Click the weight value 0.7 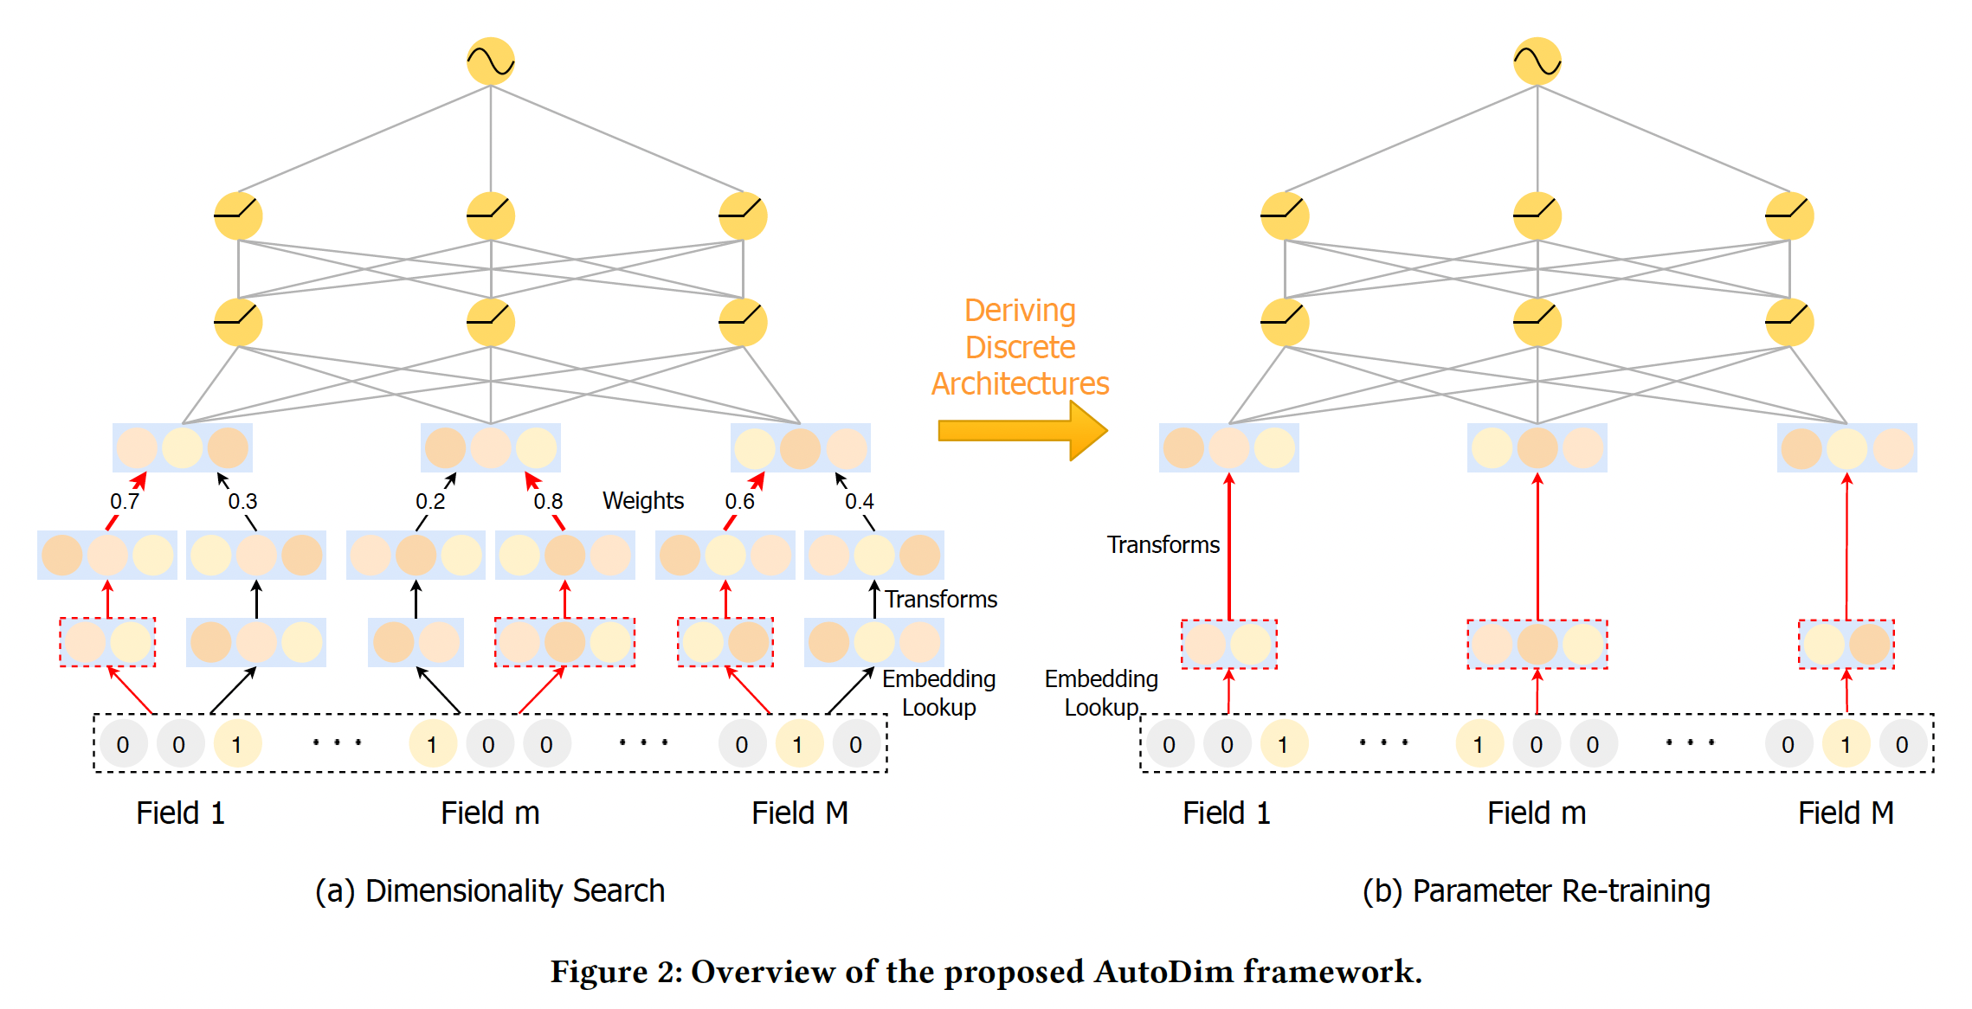point(125,502)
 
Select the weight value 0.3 point(243,502)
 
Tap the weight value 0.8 point(548,502)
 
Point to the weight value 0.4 point(860,502)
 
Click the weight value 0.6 point(740,502)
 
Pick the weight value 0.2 point(430,502)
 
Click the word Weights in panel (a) point(643,501)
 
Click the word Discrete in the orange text point(1021,347)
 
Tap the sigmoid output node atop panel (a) point(491,61)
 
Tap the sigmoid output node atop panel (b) point(1537,61)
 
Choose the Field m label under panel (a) point(490,813)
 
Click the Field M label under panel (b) point(1846,813)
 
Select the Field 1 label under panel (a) point(180,813)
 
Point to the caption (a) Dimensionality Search point(490,891)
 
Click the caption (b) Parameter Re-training point(1537,891)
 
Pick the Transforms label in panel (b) point(1163,545)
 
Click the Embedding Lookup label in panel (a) point(939,693)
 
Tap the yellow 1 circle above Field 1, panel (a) point(236,744)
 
